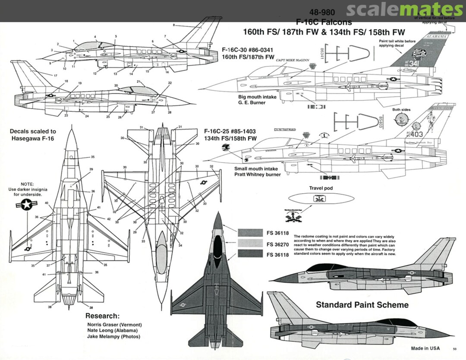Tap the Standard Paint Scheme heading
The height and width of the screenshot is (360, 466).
tap(362, 305)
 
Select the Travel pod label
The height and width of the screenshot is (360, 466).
tap(321, 188)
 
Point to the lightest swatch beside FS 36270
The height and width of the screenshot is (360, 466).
tap(250, 244)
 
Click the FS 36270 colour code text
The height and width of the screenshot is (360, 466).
tap(277, 244)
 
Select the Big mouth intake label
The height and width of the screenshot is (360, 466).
tap(258, 97)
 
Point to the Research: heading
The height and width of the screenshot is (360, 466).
tap(102, 316)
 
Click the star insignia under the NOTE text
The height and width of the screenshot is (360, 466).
tap(27, 206)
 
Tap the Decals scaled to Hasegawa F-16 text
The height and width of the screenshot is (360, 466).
tap(33, 135)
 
